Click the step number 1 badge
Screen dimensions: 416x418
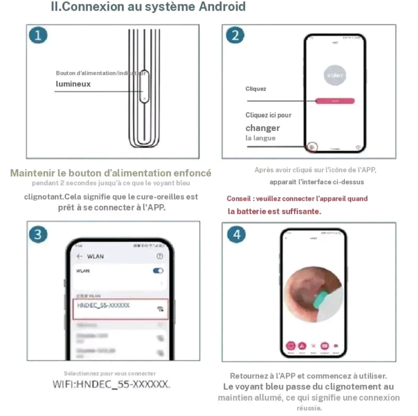(38, 36)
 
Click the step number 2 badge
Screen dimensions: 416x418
(235, 36)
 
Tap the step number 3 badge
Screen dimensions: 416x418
(38, 235)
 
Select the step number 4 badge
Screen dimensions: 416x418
(236, 235)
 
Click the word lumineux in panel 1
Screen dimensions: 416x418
(73, 84)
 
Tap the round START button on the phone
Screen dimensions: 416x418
(334, 75)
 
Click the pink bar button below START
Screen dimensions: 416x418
(335, 101)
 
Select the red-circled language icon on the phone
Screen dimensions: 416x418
(312, 147)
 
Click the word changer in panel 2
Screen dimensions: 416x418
(262, 128)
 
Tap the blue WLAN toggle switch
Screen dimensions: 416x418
(158, 271)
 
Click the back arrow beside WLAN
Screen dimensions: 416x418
(80, 256)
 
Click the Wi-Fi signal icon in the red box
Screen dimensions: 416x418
(160, 308)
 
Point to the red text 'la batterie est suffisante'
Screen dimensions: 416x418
(274, 212)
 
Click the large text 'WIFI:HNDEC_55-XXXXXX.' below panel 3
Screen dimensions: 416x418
(111, 384)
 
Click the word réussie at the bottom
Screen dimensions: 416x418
(309, 408)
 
